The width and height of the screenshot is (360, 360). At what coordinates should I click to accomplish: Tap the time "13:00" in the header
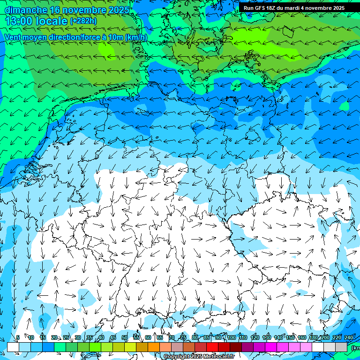[x=20, y=21]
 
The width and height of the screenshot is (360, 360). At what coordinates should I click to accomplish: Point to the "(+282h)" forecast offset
[x=83, y=21]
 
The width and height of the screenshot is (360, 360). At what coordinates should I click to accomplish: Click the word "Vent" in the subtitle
[x=13, y=37]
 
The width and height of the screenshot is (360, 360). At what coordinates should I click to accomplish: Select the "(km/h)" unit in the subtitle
[x=136, y=37]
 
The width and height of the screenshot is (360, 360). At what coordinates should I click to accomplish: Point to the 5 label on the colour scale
[x=17, y=337]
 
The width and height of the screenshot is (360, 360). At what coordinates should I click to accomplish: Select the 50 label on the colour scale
[x=125, y=337]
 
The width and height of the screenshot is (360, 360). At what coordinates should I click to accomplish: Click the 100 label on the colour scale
[x=232, y=337]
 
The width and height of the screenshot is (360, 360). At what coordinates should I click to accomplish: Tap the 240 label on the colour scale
[x=348, y=337]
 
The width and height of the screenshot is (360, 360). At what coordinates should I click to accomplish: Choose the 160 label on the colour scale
[x=302, y=337]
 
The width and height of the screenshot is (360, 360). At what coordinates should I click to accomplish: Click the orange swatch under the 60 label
[x=154, y=347]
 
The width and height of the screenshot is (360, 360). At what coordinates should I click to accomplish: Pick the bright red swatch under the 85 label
[x=212, y=347]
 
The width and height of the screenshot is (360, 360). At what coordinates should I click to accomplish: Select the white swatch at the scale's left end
[x=13, y=347]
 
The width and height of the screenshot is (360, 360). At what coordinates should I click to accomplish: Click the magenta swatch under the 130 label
[x=271, y=347]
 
